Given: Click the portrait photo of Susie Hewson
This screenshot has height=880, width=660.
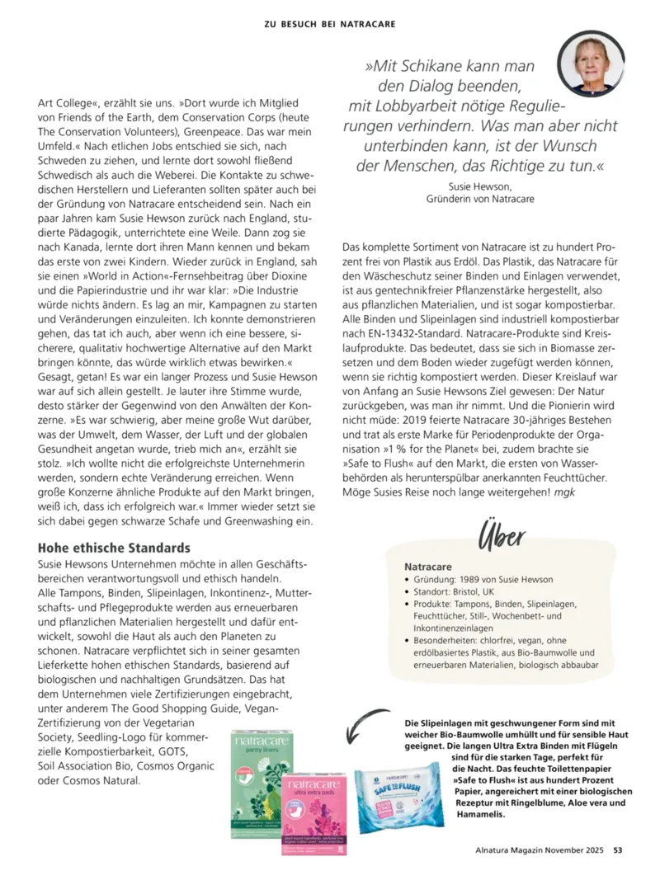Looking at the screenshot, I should pyautogui.click(x=591, y=64).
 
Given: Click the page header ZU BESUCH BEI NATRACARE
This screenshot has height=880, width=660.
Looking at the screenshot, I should pyautogui.click(x=329, y=24).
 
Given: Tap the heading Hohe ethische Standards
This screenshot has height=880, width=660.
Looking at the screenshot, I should pyautogui.click(x=115, y=548).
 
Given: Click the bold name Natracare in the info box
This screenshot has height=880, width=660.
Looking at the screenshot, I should pyautogui.click(x=428, y=567).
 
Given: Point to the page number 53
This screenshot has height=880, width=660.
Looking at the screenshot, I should pyautogui.click(x=617, y=851).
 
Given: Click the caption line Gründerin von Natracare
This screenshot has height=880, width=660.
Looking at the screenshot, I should pyautogui.click(x=479, y=199).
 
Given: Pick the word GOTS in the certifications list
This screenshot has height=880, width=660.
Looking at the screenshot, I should pyautogui.click(x=173, y=752).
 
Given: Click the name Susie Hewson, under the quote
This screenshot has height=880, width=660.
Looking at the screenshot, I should pyautogui.click(x=479, y=186).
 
